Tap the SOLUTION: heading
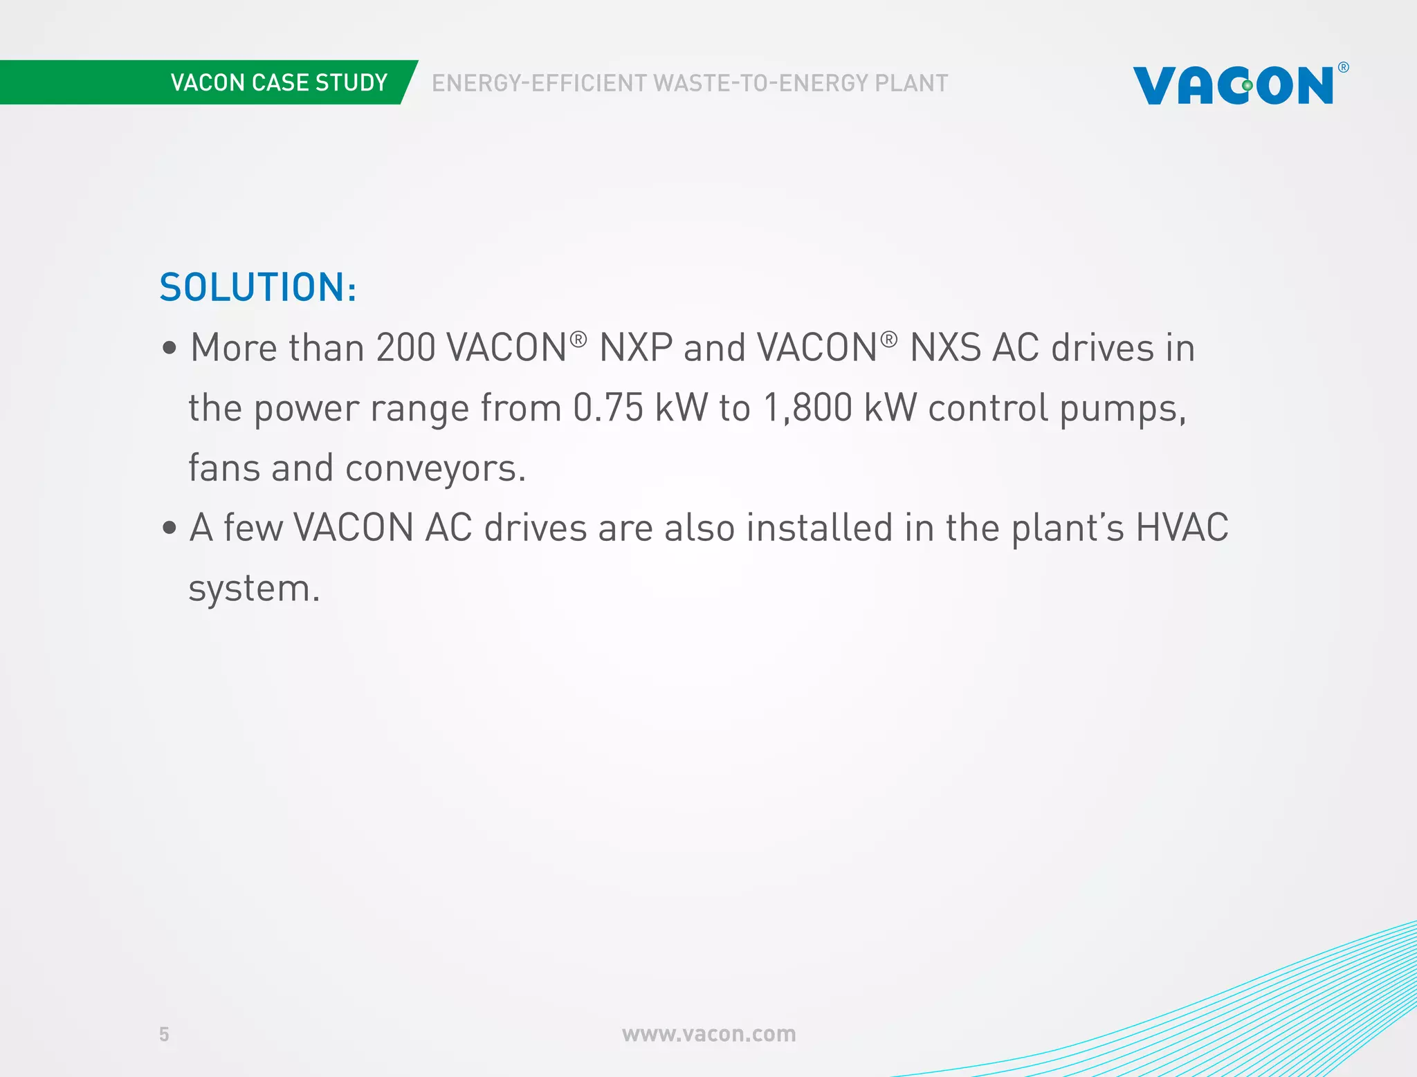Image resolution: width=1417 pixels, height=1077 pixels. pos(258,288)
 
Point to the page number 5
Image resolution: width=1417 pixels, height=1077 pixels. pos(164,1034)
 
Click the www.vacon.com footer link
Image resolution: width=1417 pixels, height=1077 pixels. pos(708,1034)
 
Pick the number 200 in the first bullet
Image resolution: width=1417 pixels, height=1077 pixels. pos(405,347)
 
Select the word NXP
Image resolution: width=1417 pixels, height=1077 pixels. pos(635,347)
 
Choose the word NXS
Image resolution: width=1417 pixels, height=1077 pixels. pos(945,347)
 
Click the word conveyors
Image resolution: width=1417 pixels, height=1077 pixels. pos(435,468)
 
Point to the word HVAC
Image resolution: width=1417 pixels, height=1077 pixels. pos(1182,528)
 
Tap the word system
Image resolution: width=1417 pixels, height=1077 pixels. pos(254,589)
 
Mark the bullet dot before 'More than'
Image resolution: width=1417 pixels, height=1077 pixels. pos(170,347)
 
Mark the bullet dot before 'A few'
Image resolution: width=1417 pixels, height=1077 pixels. pos(170,528)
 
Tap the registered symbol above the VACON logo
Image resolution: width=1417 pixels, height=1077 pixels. pos(1343,67)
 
